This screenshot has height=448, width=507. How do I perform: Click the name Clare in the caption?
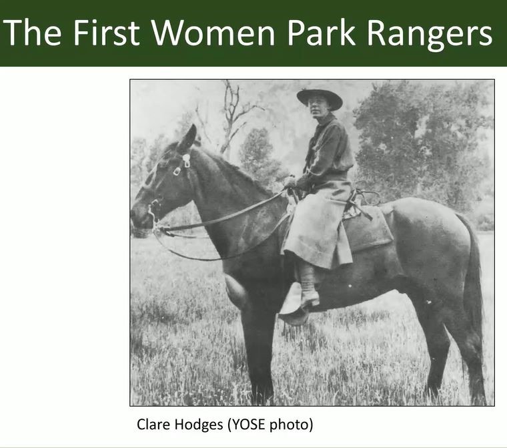[153, 424]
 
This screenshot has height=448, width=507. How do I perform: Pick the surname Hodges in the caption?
[200, 425]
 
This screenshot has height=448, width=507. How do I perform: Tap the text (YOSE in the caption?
[250, 424]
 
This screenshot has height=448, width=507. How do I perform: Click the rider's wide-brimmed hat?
[319, 97]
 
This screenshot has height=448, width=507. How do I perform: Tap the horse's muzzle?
[139, 217]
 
